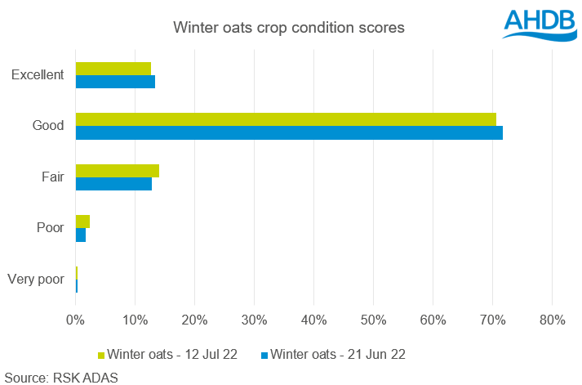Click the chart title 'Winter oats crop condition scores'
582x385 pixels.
288,29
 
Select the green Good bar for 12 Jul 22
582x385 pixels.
286,119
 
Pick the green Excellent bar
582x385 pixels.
113,68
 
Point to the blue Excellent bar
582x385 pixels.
115,82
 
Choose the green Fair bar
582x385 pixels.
118,170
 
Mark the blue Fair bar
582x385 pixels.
113,184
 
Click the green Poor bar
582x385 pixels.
82,222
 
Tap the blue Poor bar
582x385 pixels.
81,235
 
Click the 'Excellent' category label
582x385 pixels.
38,75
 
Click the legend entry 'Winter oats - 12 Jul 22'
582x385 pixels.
169,354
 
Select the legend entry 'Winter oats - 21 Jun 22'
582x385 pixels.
337,354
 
